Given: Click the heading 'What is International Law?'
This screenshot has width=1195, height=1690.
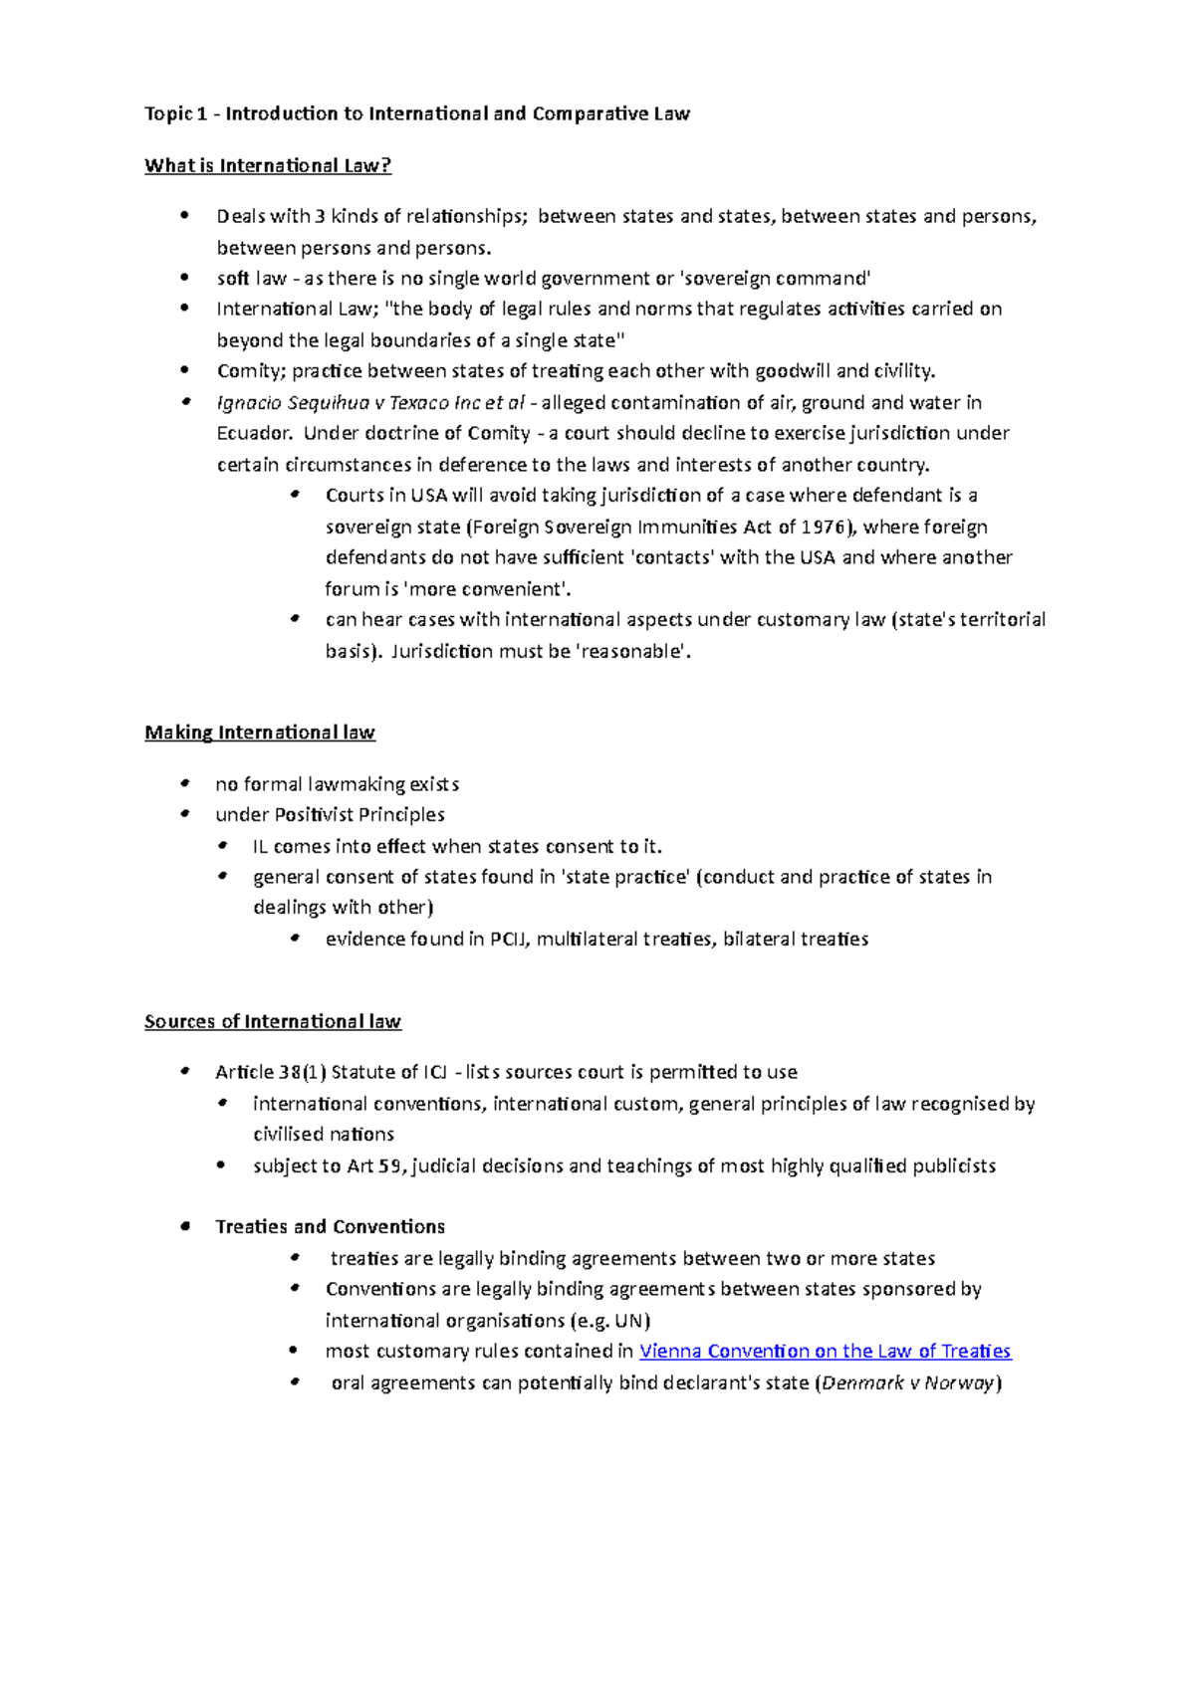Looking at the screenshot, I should point(268,166).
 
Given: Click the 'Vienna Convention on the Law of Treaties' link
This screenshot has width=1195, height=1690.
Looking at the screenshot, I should point(825,1352).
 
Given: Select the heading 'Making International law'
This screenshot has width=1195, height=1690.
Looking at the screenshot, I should point(260,734).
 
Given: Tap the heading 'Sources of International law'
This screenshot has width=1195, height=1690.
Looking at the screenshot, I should point(273,1022).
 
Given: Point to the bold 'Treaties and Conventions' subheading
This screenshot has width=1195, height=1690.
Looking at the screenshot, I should point(330,1227).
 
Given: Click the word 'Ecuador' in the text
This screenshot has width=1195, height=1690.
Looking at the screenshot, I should point(254,434).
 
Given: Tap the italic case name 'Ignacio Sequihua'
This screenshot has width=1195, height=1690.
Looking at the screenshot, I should point(289,403).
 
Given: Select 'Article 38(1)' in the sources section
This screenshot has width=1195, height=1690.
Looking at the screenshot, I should point(270,1073).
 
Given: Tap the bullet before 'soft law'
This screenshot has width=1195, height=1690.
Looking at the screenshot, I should point(184,279).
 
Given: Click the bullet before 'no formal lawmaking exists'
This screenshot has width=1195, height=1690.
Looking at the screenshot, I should point(184,784).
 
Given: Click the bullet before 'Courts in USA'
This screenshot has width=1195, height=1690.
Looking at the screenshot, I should point(294,496).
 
